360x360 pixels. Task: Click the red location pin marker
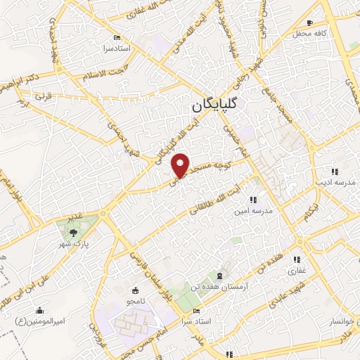pyautogui.click(x=181, y=165)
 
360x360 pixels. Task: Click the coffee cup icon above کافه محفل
pyautogui.click(x=309, y=22)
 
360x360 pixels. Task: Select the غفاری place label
pyautogui.click(x=295, y=270)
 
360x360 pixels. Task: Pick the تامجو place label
pyautogui.click(x=135, y=301)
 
